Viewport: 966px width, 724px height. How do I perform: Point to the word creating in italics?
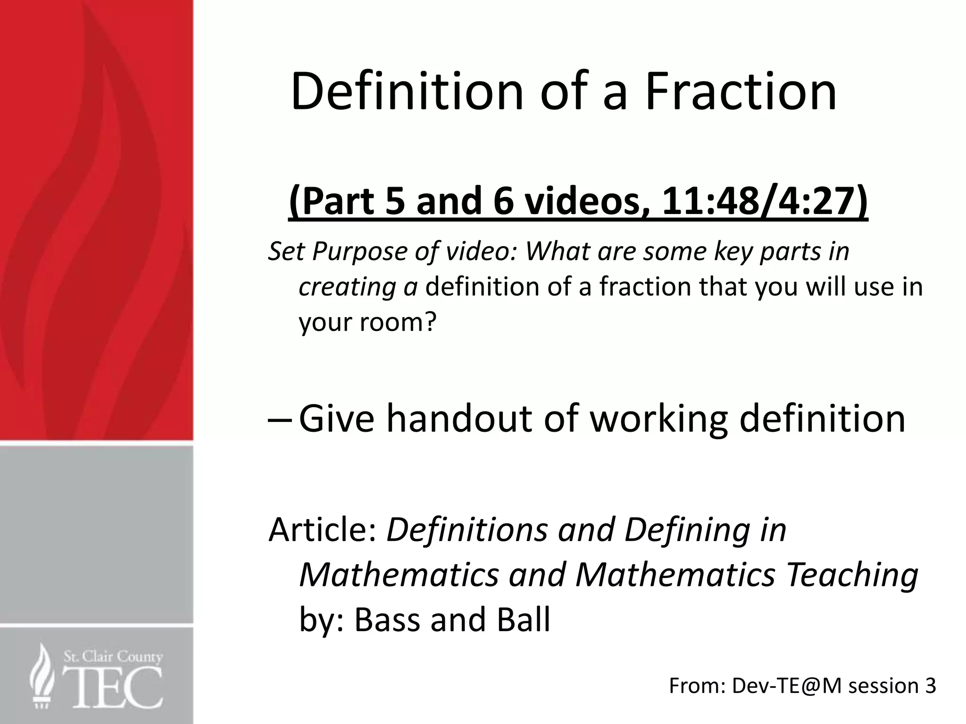pyautogui.click(x=347, y=287)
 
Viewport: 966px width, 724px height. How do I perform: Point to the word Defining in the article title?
pyautogui.click(x=687, y=529)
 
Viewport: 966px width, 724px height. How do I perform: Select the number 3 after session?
pyautogui.click(x=930, y=686)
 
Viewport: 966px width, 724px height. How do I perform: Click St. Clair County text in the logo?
pyautogui.click(x=113, y=656)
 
